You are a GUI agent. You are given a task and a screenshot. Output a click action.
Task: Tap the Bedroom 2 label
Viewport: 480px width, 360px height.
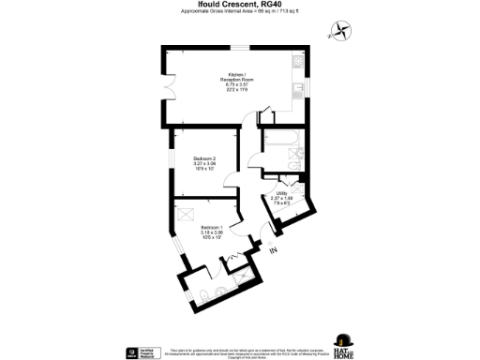(x=204, y=157)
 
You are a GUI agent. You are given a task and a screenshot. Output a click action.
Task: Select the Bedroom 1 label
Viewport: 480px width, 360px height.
(x=211, y=228)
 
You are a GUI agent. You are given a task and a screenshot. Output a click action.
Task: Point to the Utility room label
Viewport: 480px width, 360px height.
(x=281, y=193)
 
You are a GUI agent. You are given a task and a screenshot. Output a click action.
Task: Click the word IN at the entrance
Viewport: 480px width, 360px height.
(x=274, y=250)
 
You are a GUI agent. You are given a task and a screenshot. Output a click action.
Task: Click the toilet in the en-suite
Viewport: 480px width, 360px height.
(x=203, y=297)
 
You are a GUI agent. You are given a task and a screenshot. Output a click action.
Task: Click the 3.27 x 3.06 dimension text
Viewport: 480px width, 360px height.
(x=204, y=163)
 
